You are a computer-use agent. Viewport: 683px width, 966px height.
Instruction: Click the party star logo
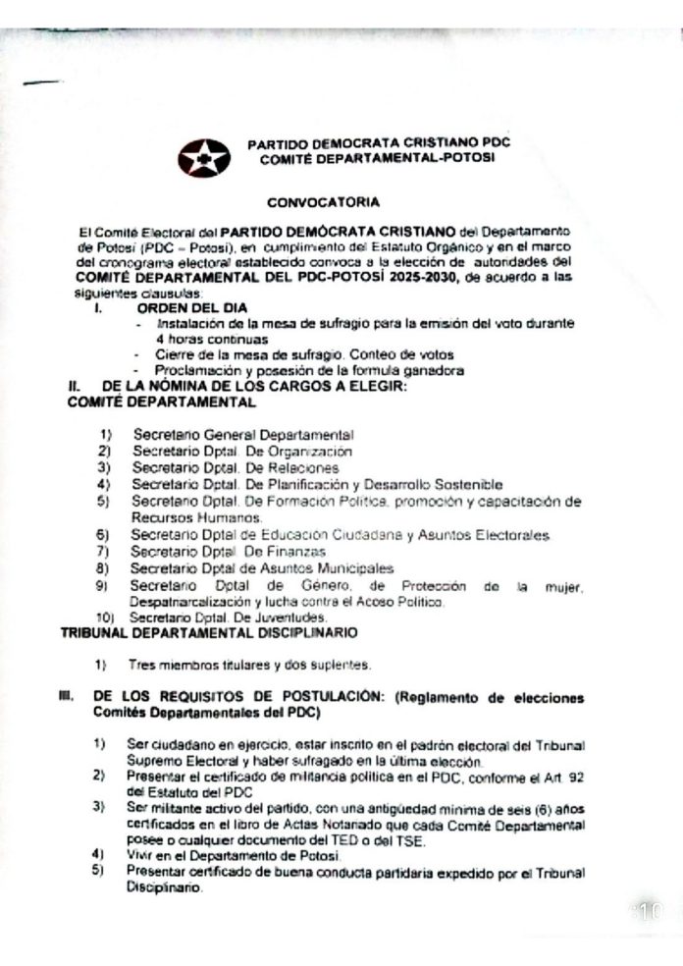point(204,157)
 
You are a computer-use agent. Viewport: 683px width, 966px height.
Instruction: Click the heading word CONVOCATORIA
point(338,203)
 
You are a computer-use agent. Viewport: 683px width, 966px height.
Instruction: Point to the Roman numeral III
point(66,695)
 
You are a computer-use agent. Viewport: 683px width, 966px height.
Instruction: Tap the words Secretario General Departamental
point(243,434)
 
